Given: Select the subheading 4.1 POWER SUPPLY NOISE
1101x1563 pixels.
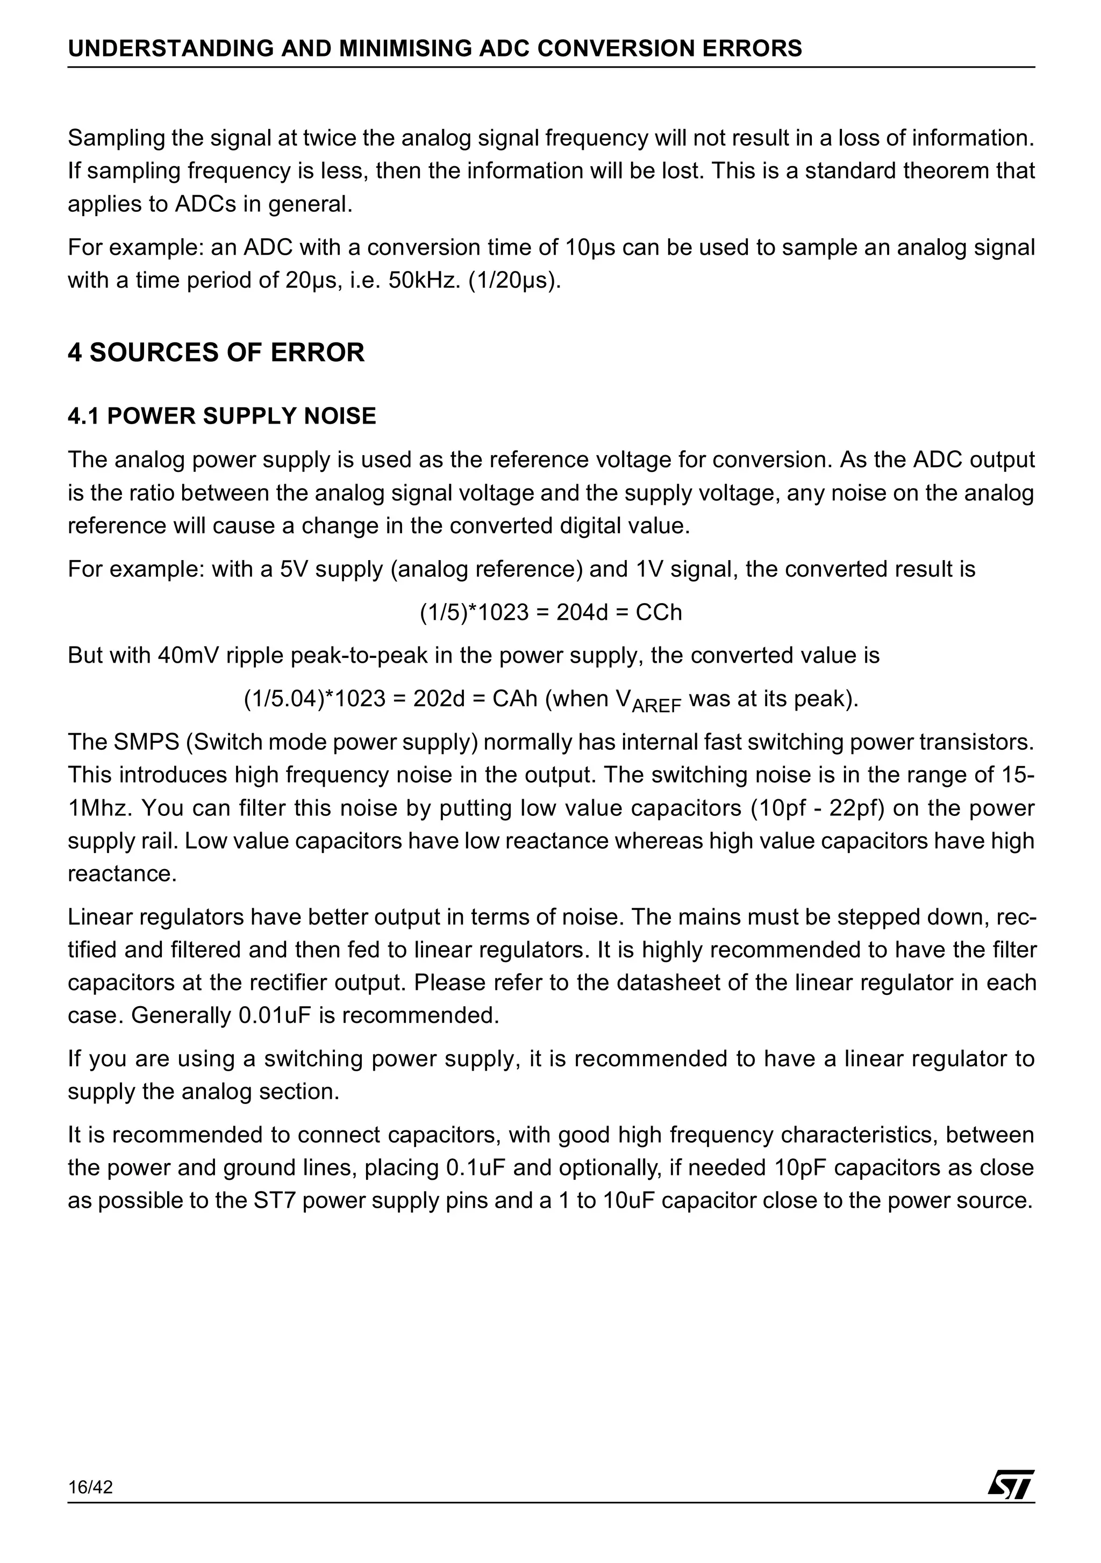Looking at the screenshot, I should point(221,416).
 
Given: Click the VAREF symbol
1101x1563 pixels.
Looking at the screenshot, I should point(647,701).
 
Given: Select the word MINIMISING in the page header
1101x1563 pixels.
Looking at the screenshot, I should point(403,48).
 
